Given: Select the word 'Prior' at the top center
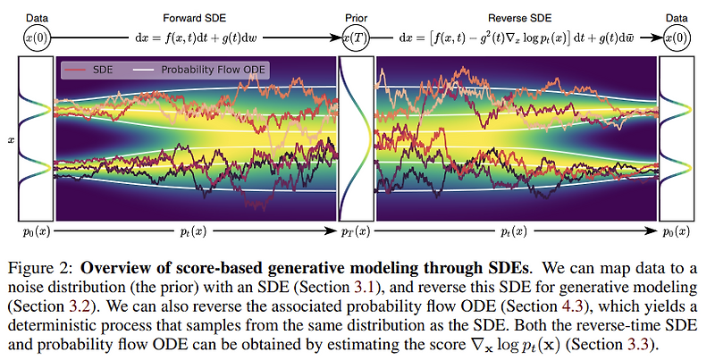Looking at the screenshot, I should click(356, 17).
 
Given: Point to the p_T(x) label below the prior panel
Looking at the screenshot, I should click(357, 231).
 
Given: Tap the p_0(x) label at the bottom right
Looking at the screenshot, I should click(677, 231).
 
